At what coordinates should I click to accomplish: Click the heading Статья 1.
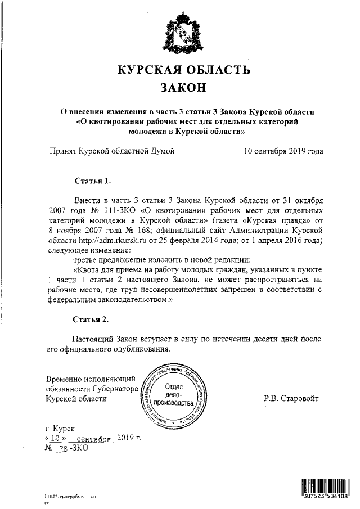click(x=93, y=181)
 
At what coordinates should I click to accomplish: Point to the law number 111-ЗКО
click(x=114, y=210)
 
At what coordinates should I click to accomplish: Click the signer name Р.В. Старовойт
click(x=291, y=398)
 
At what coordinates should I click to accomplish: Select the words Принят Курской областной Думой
click(x=112, y=151)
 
